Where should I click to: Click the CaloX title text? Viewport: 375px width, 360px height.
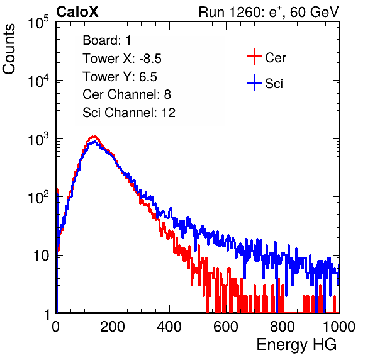(x=77, y=12)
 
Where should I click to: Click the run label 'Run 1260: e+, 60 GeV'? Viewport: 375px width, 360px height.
(x=269, y=13)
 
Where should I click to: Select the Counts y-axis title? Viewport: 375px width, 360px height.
(x=9, y=49)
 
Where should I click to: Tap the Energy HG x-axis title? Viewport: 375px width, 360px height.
(x=296, y=345)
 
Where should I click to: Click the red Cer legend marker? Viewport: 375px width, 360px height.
(x=254, y=57)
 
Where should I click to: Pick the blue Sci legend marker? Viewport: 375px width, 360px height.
(x=254, y=82)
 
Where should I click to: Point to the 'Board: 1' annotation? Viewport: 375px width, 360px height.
(x=107, y=40)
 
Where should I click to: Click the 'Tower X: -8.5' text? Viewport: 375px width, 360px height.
(x=122, y=59)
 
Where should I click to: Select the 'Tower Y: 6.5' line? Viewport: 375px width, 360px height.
(x=120, y=77)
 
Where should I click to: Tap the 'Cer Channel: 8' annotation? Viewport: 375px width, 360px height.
(x=126, y=94)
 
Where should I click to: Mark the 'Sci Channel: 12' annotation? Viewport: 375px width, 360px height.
(x=129, y=113)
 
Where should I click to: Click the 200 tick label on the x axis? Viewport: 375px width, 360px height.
(x=113, y=327)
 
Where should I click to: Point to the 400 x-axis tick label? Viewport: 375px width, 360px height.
(x=169, y=327)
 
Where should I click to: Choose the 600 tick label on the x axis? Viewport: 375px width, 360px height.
(x=226, y=327)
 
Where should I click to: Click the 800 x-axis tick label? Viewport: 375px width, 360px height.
(x=283, y=327)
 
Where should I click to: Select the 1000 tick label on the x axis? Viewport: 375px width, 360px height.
(x=339, y=327)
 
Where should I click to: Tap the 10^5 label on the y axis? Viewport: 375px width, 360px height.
(x=38, y=23)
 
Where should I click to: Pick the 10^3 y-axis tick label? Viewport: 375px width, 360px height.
(x=38, y=140)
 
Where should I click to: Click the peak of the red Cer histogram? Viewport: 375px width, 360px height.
(x=94, y=137)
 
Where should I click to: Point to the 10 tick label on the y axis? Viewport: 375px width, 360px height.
(x=41, y=256)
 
